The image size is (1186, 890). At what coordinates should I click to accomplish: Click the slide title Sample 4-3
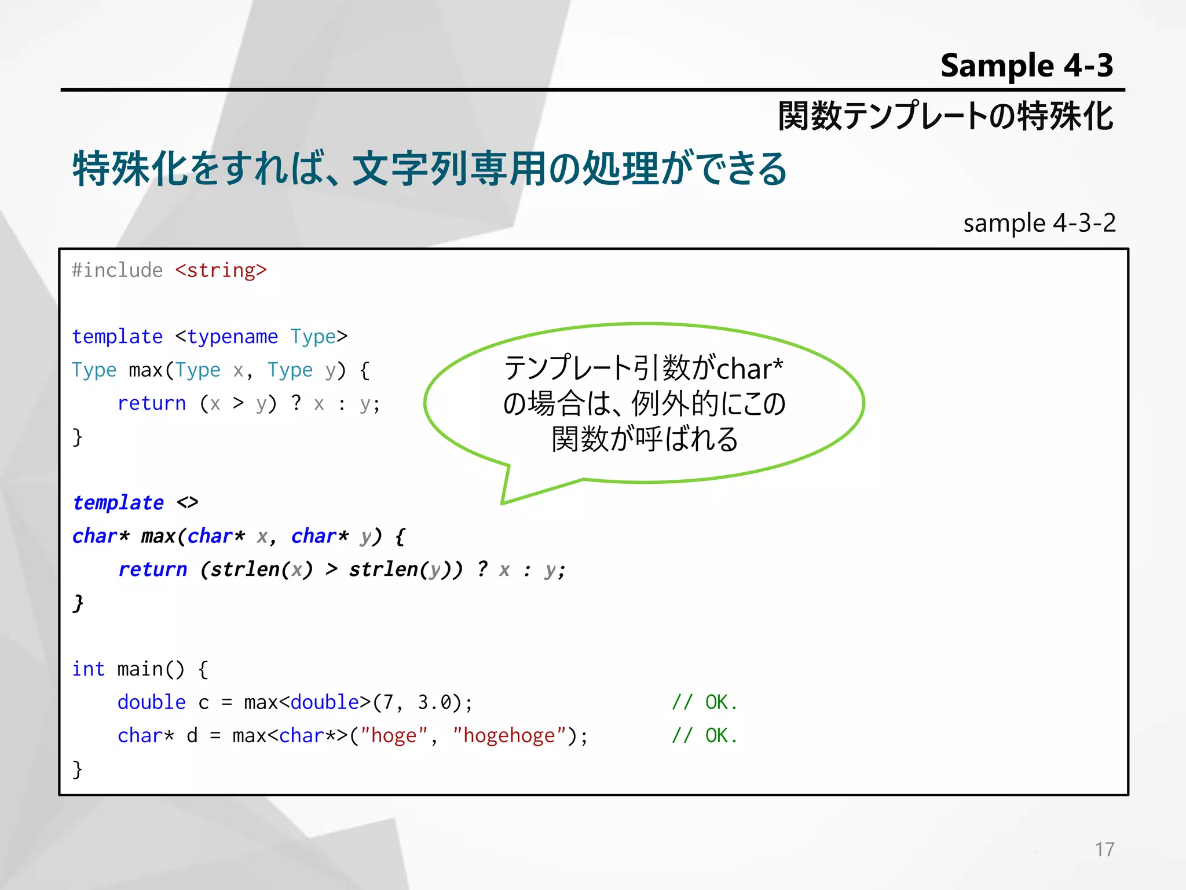pos(1026,65)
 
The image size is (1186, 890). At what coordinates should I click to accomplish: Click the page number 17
pos(1104,849)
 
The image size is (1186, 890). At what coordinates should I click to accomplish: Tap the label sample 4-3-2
pos(1039,223)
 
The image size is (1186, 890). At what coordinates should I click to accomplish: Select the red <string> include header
pos(221,271)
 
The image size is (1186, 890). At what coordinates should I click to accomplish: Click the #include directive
pos(117,271)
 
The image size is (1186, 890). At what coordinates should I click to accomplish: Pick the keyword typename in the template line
pos(232,337)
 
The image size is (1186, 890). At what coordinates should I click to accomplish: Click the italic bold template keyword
pos(118,502)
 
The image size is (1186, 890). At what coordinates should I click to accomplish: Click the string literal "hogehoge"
pos(509,736)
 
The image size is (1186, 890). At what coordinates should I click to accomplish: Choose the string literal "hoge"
pos(394,736)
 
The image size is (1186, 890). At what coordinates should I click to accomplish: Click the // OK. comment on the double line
pos(704,702)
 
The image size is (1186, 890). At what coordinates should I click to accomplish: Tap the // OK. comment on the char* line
pos(704,736)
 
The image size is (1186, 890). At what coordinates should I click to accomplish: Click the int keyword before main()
pos(88,669)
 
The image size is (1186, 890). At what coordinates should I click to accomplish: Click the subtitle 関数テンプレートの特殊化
pos(945,116)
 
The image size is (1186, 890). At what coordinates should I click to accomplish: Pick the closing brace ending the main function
pos(77,769)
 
